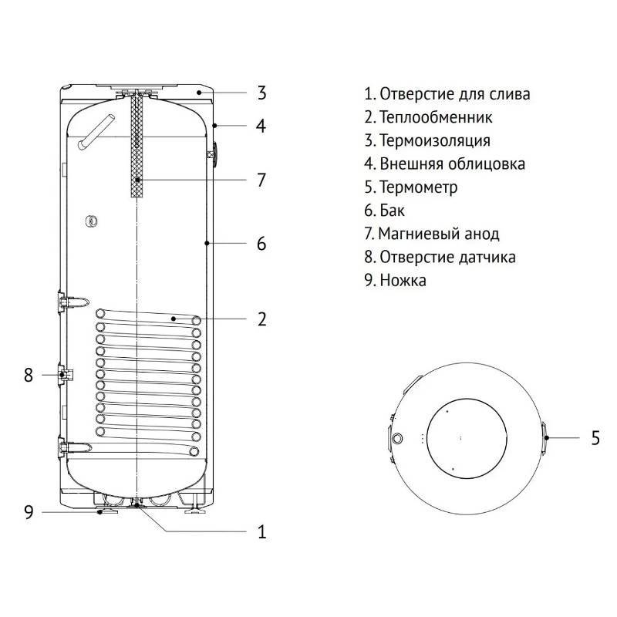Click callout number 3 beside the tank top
[261, 94]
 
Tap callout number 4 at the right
[261, 126]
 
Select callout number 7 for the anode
[261, 180]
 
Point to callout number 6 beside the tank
[261, 244]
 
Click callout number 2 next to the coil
[261, 319]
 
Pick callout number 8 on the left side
[29, 376]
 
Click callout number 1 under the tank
[261, 531]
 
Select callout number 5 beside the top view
[595, 438]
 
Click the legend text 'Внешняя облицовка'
[445, 164]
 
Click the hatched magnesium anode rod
[137, 147]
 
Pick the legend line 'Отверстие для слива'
[447, 95]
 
